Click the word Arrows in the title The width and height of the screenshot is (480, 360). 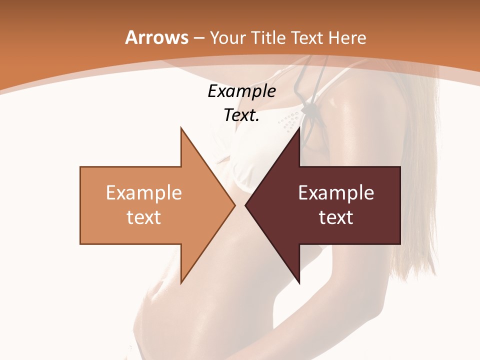[156, 37]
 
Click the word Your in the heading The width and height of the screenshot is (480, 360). [227, 37]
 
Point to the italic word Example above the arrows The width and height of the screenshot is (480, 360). [241, 91]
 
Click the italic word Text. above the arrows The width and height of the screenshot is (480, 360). [241, 115]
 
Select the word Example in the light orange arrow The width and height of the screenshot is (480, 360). [144, 192]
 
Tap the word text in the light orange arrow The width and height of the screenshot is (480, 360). [144, 217]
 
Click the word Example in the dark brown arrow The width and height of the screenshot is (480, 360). [336, 192]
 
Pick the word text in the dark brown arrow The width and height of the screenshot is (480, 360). [336, 217]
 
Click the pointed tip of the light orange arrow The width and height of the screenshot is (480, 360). [234, 205]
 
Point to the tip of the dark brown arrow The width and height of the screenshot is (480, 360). [246, 205]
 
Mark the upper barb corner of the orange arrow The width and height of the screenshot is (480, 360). [181, 128]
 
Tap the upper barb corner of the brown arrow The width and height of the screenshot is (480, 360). [299, 128]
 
